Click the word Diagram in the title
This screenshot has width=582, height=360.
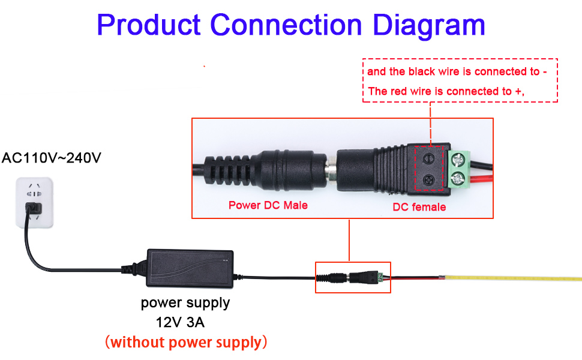(429, 25)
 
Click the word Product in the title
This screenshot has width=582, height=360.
(149, 25)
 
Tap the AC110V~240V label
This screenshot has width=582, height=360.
(51, 158)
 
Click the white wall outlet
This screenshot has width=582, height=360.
(35, 203)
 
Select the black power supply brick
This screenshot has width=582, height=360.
(190, 268)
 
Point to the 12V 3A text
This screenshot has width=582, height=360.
(180, 322)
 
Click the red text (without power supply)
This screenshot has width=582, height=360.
(186, 342)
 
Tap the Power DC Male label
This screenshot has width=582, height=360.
(268, 205)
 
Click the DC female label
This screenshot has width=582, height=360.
(419, 207)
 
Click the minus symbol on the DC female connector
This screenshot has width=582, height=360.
(429, 159)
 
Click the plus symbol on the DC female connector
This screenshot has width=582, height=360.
(429, 181)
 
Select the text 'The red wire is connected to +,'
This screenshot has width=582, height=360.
(446, 91)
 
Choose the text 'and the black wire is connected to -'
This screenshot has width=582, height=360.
(457, 71)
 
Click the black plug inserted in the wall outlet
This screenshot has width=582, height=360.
(34, 208)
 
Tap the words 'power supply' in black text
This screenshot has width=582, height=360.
(185, 303)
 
